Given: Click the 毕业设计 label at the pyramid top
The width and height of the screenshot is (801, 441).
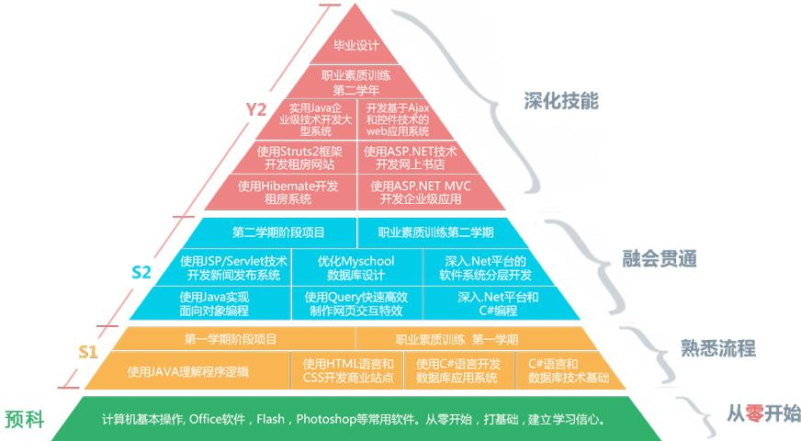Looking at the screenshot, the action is point(356,45).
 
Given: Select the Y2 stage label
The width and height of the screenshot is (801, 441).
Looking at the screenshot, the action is point(256,109).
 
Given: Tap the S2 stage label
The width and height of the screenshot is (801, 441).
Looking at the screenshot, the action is point(141,272).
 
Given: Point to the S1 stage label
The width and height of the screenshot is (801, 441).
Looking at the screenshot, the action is point(88,352).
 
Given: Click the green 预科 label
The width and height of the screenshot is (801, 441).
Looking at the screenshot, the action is point(25,419).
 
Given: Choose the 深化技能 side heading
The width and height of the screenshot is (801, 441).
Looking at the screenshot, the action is point(561,101).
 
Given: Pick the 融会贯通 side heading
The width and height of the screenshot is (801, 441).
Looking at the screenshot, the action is point(659,258).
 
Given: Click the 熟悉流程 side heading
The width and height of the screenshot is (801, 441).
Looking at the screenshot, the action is point(717,348).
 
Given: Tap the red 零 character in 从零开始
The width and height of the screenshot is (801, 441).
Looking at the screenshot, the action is point(754,413).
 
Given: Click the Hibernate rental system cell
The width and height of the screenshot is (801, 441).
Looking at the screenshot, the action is point(288,192).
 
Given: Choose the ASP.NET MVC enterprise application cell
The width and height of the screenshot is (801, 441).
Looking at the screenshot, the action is point(421,192).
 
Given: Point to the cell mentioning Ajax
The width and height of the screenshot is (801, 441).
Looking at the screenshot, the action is point(398,119).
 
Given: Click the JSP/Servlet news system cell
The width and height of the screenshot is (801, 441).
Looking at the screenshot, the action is point(233,267).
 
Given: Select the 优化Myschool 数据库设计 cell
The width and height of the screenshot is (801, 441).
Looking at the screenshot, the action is point(356,267).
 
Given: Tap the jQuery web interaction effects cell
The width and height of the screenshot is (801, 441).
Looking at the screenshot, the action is point(356,303).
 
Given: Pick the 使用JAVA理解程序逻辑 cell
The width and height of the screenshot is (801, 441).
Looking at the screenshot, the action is point(188,371).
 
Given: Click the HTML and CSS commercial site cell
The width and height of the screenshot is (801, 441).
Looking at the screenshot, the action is point(348,371).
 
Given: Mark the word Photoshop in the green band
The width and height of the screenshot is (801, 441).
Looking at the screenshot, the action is point(322,420).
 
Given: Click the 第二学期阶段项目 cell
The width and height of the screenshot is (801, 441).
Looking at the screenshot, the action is point(278,232).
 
